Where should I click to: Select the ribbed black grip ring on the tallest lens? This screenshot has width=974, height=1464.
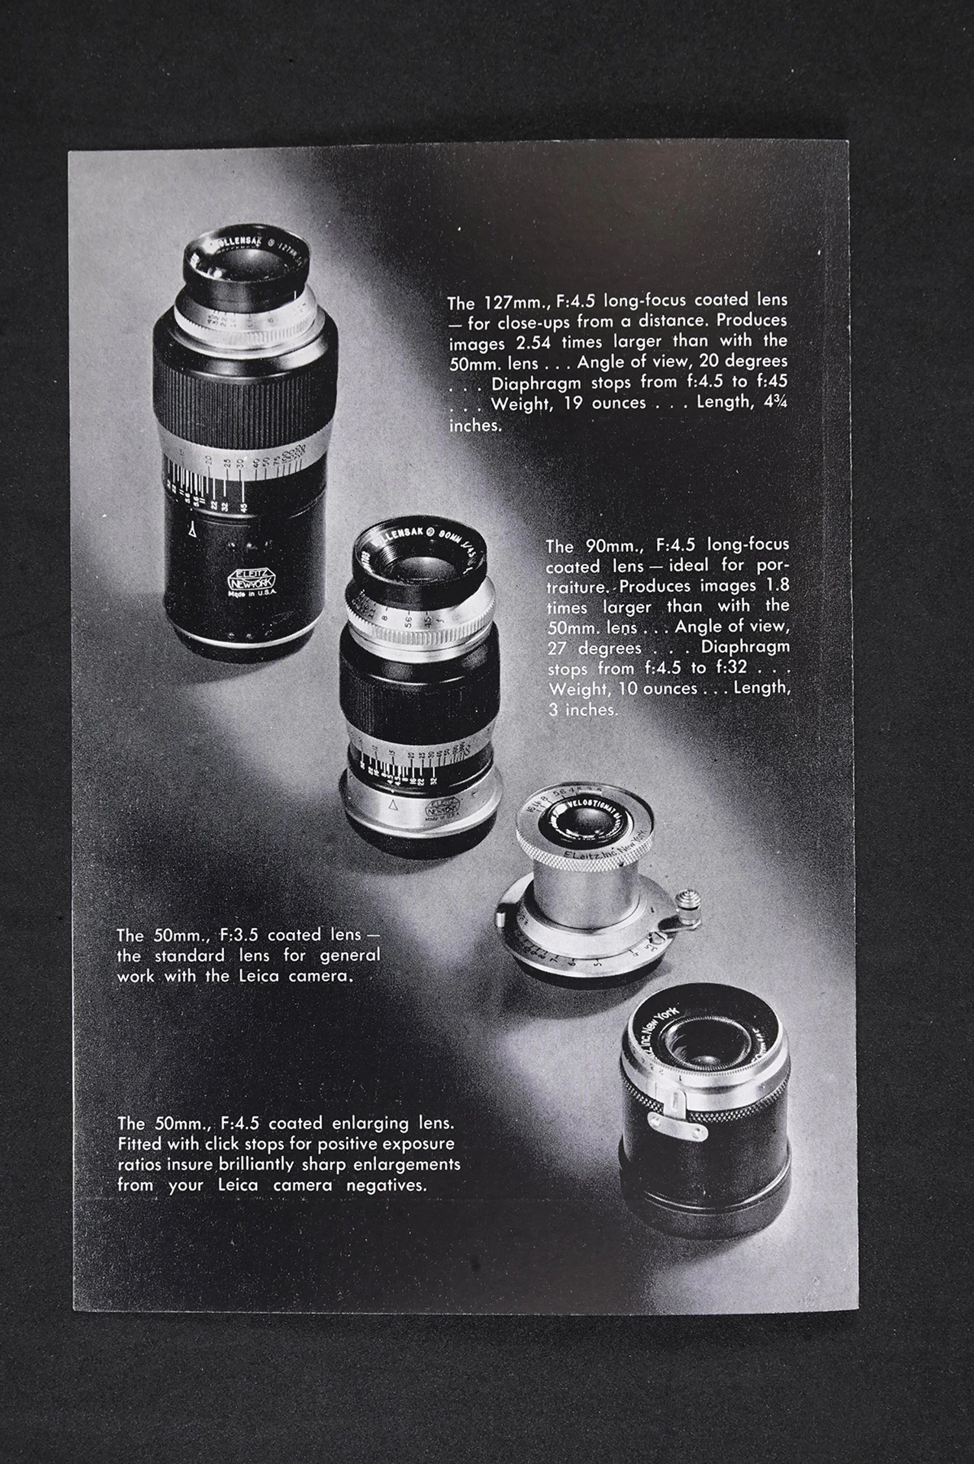tap(245, 396)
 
